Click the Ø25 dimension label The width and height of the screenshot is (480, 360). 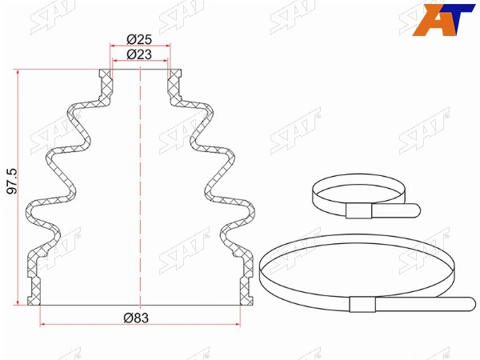[139, 39]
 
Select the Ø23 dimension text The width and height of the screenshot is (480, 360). [139, 54]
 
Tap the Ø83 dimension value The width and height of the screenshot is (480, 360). [136, 318]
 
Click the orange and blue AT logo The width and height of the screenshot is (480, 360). [443, 19]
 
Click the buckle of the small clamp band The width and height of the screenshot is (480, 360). [358, 210]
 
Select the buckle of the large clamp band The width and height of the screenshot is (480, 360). [362, 304]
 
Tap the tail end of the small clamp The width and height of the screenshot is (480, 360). [417, 210]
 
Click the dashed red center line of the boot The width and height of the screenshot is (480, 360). [140, 187]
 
